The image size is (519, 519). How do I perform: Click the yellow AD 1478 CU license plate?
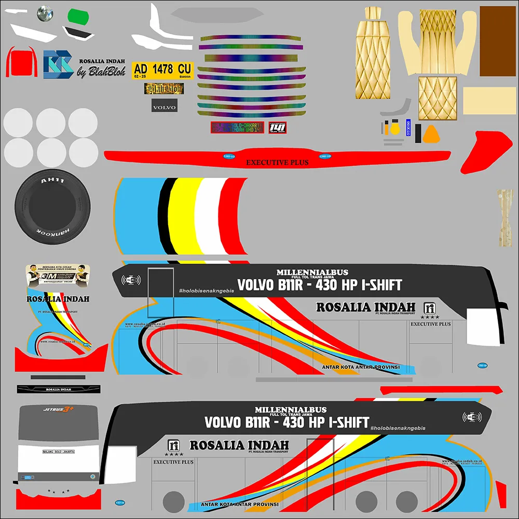pos(162,69)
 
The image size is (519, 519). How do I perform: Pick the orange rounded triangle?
pos(431,135)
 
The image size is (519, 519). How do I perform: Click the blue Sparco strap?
pos(408,128)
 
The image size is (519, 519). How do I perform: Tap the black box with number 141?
pos(278,128)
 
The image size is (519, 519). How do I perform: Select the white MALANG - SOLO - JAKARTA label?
pos(58,453)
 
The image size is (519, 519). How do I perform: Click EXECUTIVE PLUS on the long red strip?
pos(277,162)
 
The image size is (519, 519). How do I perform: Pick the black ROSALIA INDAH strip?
pos(58,389)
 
